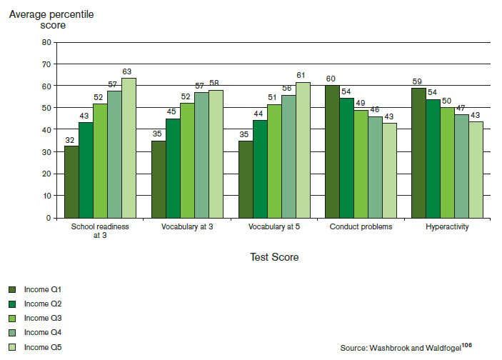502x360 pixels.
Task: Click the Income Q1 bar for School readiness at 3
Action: [71, 182]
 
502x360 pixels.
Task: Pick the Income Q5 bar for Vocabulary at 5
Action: [303, 150]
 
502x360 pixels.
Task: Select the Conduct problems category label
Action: [361, 227]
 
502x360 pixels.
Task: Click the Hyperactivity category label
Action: [447, 227]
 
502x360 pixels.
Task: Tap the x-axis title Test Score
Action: [274, 257]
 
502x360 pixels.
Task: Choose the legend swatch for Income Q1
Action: [12, 289]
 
